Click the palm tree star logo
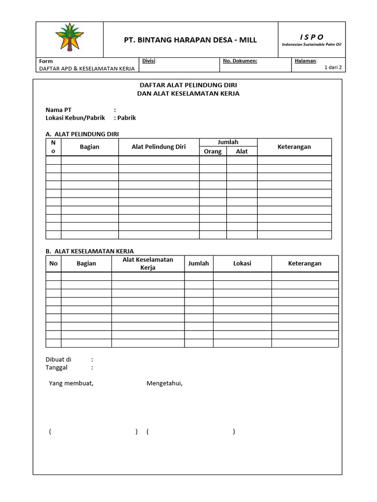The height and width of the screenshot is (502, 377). click(69, 39)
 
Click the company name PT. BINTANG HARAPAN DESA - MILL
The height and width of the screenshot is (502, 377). click(190, 40)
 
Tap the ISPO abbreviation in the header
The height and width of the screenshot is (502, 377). click(312, 37)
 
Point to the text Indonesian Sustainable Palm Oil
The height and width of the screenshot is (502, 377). click(312, 45)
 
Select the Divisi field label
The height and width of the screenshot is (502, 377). click(149, 61)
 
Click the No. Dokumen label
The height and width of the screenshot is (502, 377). click(240, 61)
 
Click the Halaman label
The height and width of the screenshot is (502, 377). click(305, 61)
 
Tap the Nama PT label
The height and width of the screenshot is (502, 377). click(58, 110)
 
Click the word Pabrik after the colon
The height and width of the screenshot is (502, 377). click(127, 118)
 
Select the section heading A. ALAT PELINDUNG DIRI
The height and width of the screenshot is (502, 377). click(82, 134)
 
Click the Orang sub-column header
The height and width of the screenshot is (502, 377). click(213, 151)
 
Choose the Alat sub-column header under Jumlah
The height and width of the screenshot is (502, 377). click(242, 151)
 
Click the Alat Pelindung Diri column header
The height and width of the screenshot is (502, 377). click(159, 147)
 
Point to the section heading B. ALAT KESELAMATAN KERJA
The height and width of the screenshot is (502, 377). click(89, 251)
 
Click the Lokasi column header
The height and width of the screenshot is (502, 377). click(242, 263)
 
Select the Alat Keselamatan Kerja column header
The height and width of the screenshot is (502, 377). click(148, 263)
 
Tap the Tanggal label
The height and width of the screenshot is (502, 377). click(56, 367)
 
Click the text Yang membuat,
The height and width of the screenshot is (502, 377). click(71, 383)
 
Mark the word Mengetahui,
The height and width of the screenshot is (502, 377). click(164, 383)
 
